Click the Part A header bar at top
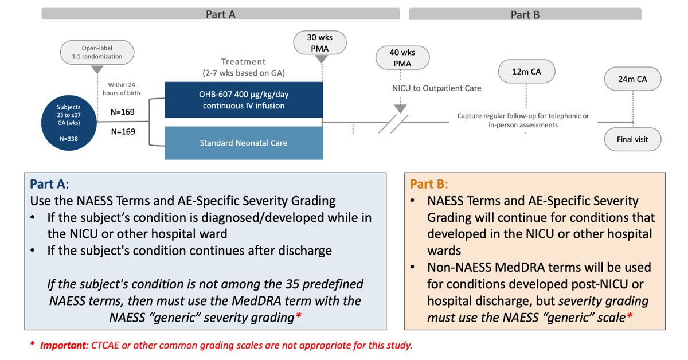220,14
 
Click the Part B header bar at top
525,15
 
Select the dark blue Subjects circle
69,123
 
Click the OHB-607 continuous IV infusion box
244,100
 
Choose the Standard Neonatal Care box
244,143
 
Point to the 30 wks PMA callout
320,42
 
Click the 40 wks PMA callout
402,58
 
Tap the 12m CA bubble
526,72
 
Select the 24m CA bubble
632,79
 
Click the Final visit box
633,139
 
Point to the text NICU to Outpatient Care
433,88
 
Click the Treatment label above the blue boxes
244,61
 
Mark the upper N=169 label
123,112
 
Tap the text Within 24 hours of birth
121,89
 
